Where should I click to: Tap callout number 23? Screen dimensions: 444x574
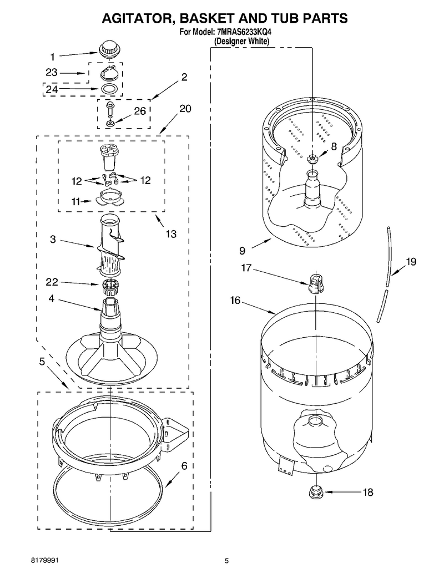coord(52,73)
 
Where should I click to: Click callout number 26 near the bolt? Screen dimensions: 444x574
coord(140,110)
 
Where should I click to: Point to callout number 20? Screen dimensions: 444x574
coord(185,109)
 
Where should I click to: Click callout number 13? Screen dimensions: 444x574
coord(171,233)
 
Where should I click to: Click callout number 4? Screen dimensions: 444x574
coord(51,299)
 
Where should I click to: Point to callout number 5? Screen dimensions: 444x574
coord(42,362)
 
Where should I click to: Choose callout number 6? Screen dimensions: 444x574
coord(184,466)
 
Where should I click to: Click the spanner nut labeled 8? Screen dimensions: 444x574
coord(312,159)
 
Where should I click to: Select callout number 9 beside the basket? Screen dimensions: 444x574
coord(242,251)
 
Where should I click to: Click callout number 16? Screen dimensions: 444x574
coord(235,300)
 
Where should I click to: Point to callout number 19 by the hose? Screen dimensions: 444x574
coord(411,261)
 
